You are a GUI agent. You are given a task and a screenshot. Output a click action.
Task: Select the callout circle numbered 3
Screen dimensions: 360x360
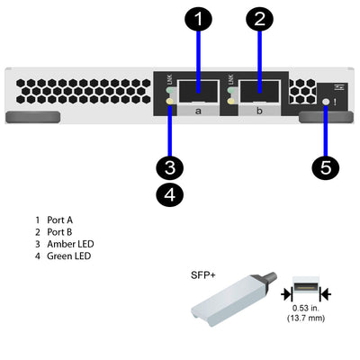pos(169,166)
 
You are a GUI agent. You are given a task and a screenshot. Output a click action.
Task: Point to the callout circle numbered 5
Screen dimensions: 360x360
pos(326,166)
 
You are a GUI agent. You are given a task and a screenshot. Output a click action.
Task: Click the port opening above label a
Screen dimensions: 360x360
pos(197,89)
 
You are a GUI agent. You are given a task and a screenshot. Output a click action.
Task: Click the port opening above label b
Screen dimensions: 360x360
pos(260,89)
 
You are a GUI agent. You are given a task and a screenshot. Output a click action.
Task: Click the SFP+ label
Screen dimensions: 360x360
pos(202,275)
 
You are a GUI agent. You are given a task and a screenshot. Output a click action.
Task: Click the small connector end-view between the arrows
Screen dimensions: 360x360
pos(306,292)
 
